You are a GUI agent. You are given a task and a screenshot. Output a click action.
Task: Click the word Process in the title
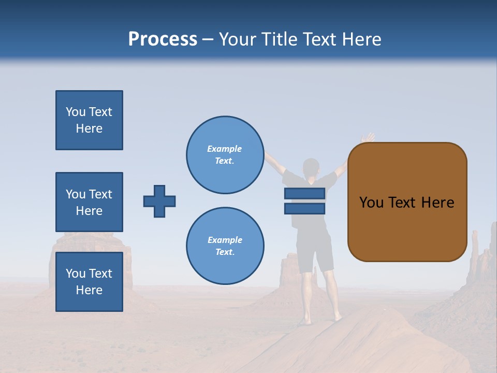[x=163, y=39]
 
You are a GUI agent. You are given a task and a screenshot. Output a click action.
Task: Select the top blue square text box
[x=89, y=120]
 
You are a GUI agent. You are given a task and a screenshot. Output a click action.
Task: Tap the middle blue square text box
[x=89, y=202]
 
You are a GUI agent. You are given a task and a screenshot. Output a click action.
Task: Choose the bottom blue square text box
[x=89, y=282]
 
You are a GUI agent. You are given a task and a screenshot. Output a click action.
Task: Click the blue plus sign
[x=159, y=201]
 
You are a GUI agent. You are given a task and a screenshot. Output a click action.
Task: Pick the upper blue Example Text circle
[x=225, y=155]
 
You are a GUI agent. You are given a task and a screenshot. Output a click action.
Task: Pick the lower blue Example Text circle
[x=225, y=246]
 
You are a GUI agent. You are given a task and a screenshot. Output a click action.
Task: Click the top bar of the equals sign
[x=304, y=193]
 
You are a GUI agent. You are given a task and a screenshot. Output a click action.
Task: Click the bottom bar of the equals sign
[x=304, y=208]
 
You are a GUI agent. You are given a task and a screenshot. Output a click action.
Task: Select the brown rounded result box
[x=407, y=202]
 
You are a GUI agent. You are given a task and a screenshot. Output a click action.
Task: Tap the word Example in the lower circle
[x=225, y=240]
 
